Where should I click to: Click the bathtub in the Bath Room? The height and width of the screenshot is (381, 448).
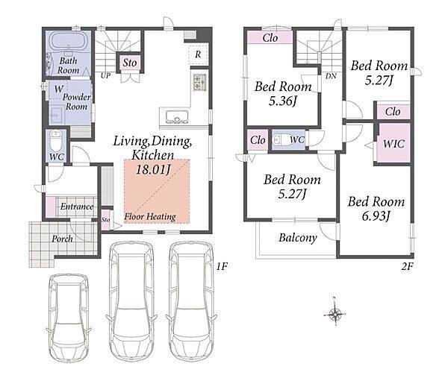pyautogui.click(x=68, y=41)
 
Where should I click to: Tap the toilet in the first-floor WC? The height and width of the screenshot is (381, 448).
pyautogui.click(x=55, y=140)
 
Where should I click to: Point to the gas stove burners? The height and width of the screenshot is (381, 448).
pyautogui.click(x=199, y=82)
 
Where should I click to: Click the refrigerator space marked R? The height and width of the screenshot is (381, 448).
pyautogui.click(x=198, y=54)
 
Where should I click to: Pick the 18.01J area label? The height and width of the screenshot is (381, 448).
pyautogui.click(x=153, y=169)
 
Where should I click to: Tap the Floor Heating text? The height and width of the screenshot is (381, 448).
pyautogui.click(x=150, y=217)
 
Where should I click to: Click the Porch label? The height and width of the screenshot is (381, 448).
pyautogui.click(x=62, y=239)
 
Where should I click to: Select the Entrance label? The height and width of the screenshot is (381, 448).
pyautogui.click(x=77, y=207)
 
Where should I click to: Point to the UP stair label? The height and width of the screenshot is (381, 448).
pyautogui.click(x=105, y=75)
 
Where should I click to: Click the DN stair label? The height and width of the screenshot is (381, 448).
pyautogui.click(x=331, y=76)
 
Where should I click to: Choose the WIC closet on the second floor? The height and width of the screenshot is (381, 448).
pyautogui.click(x=393, y=143)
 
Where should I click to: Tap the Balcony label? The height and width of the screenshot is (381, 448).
pyautogui.click(x=298, y=238)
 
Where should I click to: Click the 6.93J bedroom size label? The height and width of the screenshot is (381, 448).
pyautogui.click(x=376, y=216)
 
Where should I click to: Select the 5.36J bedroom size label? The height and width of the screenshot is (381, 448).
pyautogui.click(x=283, y=101)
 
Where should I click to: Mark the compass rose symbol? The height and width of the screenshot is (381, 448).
pyautogui.click(x=335, y=314)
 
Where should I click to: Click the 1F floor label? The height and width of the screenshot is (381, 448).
pyautogui.click(x=222, y=267)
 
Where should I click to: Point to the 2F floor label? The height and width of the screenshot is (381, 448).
pyautogui.click(x=407, y=266)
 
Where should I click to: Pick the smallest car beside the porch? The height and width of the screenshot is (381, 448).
pyautogui.click(x=69, y=318)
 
